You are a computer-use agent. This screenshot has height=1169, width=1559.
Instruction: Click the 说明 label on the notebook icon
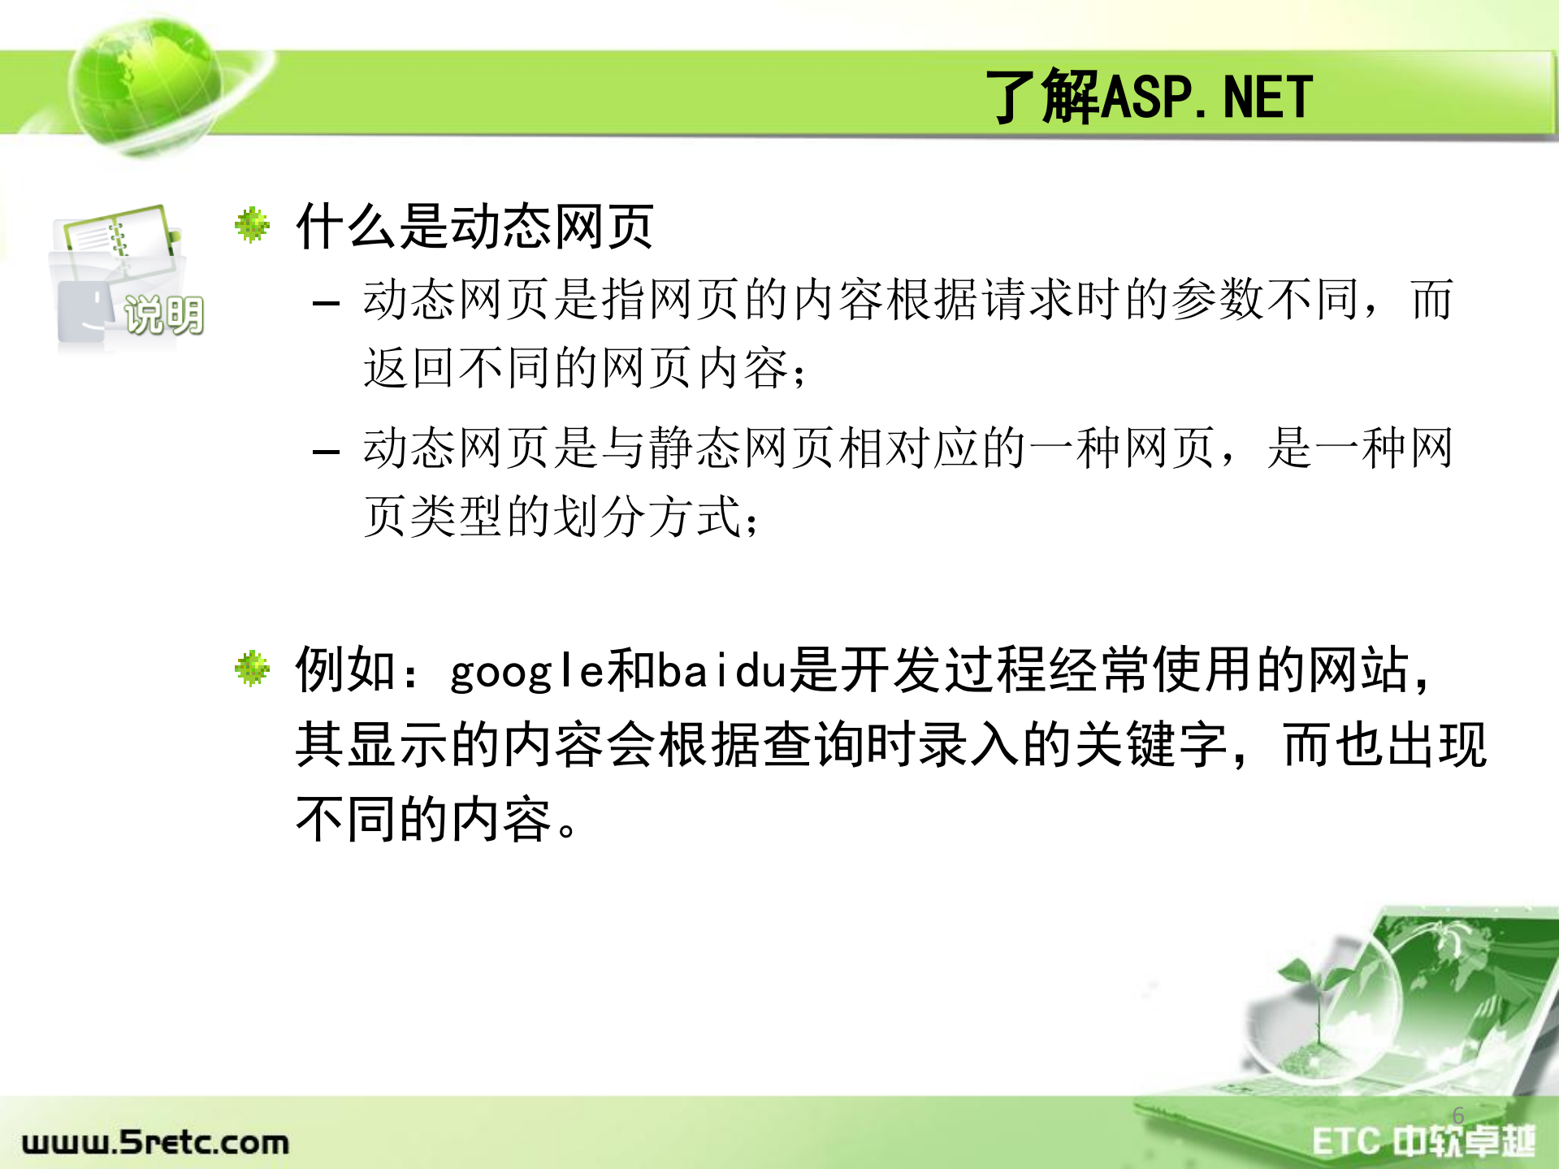pos(162,315)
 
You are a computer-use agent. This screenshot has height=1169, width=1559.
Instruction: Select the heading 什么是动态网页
pos(474,227)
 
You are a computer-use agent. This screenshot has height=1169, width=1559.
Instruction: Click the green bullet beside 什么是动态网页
pos(252,225)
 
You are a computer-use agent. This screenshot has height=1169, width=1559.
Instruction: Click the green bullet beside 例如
pos(252,668)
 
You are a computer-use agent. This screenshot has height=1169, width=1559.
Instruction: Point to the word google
pos(526,673)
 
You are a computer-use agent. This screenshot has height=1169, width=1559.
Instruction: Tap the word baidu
pos(721,671)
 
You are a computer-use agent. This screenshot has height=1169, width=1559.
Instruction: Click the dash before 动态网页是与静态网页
pos(326,452)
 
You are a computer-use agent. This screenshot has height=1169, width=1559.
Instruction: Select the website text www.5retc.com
pos(155,1142)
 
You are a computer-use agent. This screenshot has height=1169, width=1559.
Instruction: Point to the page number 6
pos(1458,1115)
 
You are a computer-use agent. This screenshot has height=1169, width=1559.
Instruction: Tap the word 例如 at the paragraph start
pos(347,670)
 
